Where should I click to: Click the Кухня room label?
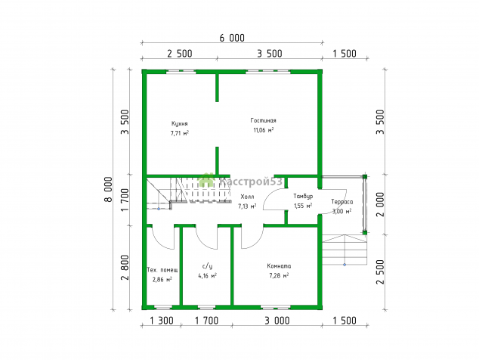coord(179,123)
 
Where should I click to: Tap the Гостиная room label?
coord(263,120)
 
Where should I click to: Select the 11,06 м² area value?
coord(264,130)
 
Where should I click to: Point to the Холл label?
coord(247,197)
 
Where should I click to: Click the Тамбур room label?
coord(303,196)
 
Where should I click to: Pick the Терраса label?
coord(341,202)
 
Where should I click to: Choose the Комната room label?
coord(279,266)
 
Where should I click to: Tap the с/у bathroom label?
coord(207,265)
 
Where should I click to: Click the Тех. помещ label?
coord(162,270)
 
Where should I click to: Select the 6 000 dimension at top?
coord(232,38)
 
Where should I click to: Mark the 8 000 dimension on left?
coord(109,190)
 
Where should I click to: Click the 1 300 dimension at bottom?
coord(162,321)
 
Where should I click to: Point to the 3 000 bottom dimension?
coord(277,321)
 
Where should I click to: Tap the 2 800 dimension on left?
coord(125,268)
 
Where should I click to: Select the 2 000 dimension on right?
coord(380,204)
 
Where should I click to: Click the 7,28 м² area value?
coord(279,276)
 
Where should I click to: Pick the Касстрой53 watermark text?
coord(251,182)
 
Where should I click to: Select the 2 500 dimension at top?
coord(180,54)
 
